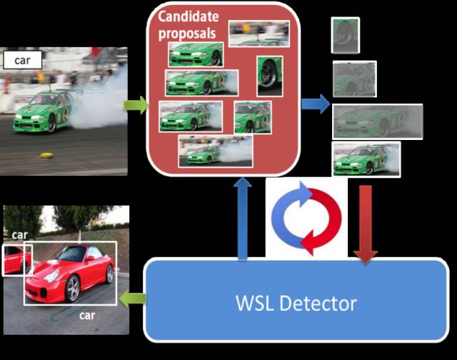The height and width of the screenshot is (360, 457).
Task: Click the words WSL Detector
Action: (296, 303)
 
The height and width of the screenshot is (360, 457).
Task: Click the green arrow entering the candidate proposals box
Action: (136, 106)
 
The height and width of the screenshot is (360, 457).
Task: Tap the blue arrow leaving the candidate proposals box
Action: (315, 105)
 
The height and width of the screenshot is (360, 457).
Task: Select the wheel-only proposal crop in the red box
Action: (269, 76)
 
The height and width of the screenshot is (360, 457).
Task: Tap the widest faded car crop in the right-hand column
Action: (378, 121)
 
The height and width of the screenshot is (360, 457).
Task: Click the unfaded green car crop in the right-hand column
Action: (366, 159)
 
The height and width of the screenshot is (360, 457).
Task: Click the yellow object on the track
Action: (47, 155)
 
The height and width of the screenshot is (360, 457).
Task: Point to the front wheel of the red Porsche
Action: (73, 289)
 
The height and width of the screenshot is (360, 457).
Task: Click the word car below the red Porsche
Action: (87, 314)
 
